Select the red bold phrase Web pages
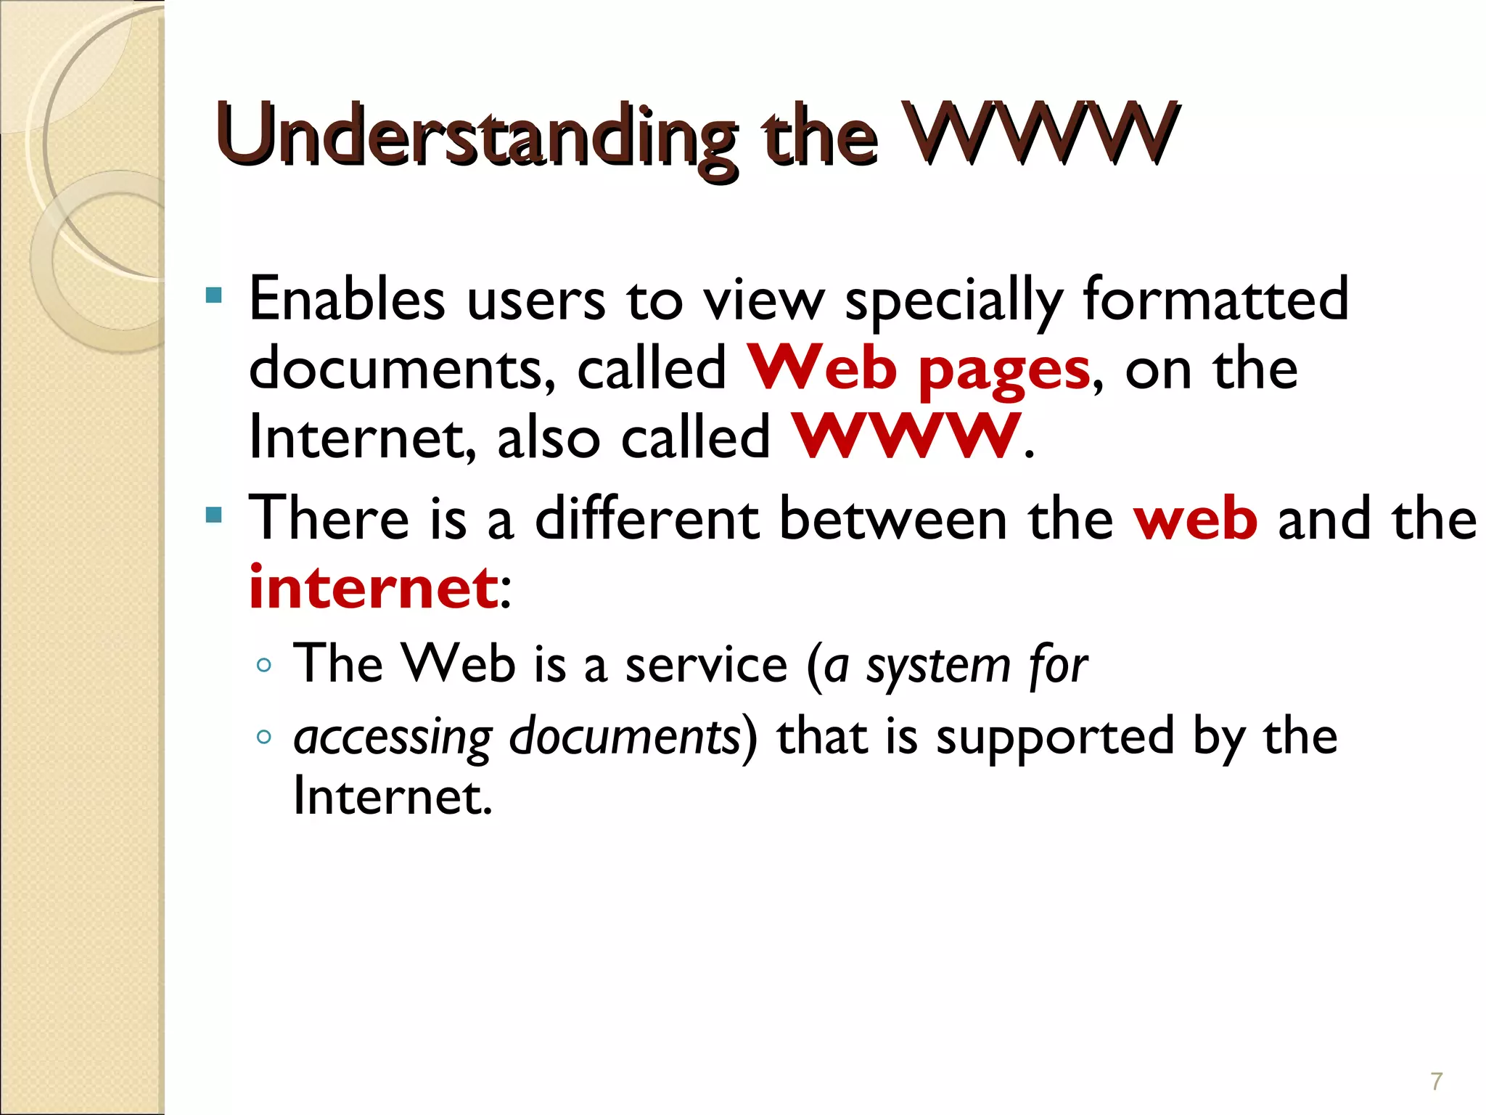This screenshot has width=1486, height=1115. point(919,369)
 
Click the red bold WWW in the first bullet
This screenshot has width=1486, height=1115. point(906,437)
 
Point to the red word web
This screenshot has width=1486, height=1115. point(1196,520)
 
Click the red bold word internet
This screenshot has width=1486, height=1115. point(373,588)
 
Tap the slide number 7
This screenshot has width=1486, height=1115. point(1436,1082)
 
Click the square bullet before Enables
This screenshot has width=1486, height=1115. point(213,295)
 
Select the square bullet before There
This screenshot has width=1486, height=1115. point(213,515)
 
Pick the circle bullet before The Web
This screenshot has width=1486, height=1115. point(264,664)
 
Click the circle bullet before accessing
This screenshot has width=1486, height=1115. point(264,738)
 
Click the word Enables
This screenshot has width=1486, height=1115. point(347,299)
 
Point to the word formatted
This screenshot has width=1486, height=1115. point(1215,299)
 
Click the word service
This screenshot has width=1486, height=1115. point(706,665)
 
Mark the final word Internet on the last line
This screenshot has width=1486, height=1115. point(393,797)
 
